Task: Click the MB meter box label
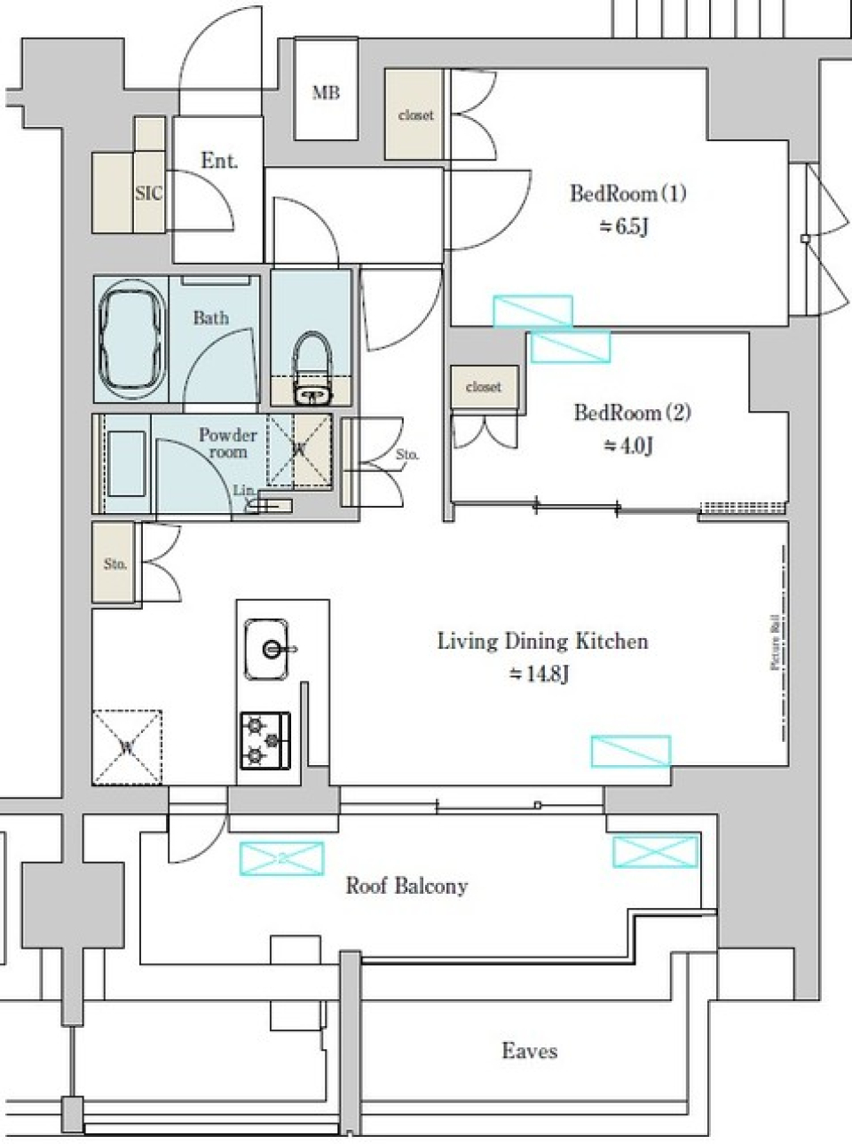[x=326, y=92]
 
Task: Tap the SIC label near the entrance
[x=148, y=192]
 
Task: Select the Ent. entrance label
[x=218, y=161]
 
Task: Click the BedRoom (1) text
[x=627, y=193]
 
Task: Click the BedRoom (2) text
[x=632, y=413]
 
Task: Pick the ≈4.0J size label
[x=628, y=446]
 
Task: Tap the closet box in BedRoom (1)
[x=415, y=115]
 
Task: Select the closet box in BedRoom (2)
[x=483, y=387]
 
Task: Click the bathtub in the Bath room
[x=132, y=338]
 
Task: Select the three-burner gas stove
[x=264, y=739]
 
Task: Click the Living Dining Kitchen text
[x=542, y=641]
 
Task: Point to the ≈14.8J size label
[x=540, y=674]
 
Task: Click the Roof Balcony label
[x=406, y=886]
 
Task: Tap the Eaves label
[x=529, y=1051]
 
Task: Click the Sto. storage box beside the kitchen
[x=115, y=564]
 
